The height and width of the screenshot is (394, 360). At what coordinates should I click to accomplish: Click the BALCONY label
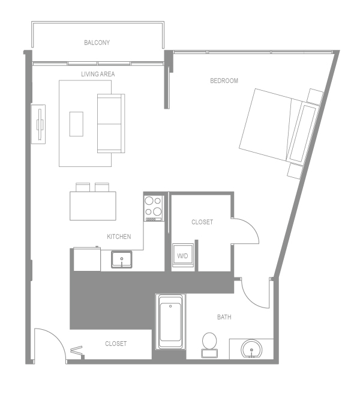click(x=97, y=43)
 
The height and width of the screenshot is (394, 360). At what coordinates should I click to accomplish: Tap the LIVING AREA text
click(x=98, y=74)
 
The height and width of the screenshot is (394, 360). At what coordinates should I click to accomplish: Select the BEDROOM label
click(x=224, y=81)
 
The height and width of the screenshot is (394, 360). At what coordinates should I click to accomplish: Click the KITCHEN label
click(x=119, y=237)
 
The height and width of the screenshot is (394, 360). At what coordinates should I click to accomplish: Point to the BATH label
click(x=224, y=317)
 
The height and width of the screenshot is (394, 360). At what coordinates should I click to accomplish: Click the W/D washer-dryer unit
click(x=182, y=255)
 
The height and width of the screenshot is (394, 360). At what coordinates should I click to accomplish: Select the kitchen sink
click(x=122, y=260)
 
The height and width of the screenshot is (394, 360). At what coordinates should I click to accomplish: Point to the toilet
click(x=210, y=342)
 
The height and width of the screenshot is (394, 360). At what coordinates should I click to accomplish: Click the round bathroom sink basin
click(x=251, y=348)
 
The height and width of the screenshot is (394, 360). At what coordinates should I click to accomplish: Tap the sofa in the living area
click(x=110, y=123)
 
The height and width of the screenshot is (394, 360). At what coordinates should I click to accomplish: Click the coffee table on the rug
click(x=76, y=124)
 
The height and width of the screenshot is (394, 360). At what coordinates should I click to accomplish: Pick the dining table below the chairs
click(x=92, y=206)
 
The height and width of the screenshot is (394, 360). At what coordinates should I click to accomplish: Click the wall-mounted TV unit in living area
click(x=39, y=124)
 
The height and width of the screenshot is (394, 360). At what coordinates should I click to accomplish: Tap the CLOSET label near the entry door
click(x=116, y=344)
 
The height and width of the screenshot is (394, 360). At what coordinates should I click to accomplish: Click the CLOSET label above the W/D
click(x=202, y=222)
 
